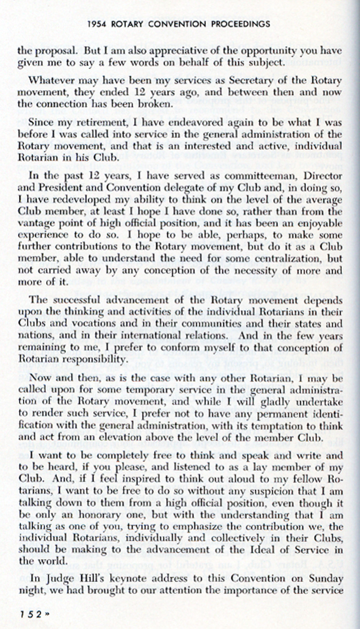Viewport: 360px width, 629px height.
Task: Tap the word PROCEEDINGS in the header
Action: coord(240,24)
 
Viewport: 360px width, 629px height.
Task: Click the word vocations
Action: coord(76,323)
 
